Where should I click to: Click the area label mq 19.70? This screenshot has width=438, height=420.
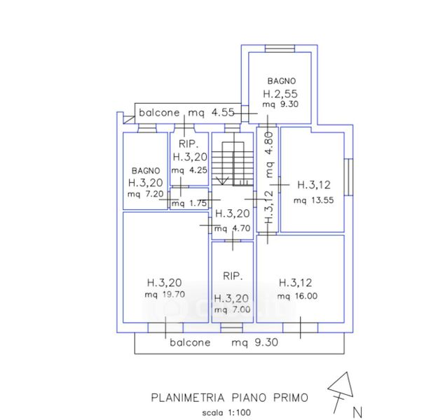point(165,295)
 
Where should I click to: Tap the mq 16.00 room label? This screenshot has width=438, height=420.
point(297,296)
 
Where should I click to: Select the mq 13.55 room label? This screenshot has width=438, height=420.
point(314,200)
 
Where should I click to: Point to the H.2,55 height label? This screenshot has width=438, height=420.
point(280,94)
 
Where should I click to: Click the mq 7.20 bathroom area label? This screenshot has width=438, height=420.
point(145,194)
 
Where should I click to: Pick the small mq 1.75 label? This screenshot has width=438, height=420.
point(189,203)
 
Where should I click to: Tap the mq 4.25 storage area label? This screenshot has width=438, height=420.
point(189,170)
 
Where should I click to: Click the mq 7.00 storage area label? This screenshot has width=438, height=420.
point(232,309)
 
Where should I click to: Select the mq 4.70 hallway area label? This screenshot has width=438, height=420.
point(232,229)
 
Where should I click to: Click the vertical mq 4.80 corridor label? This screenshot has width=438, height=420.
point(269,155)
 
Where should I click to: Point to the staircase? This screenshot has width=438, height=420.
point(233,163)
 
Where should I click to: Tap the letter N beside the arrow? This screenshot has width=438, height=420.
point(357,412)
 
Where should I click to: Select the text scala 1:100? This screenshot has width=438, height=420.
point(226,412)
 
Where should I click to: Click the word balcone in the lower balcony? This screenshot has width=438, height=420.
point(190,342)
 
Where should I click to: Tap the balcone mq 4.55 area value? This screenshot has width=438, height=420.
point(223,113)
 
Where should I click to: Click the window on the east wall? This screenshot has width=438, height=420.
point(348,177)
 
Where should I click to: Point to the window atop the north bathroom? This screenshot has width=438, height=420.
point(280,48)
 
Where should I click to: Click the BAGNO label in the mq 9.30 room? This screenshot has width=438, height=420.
point(281,81)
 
